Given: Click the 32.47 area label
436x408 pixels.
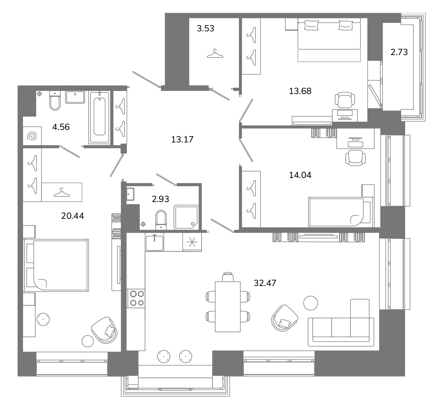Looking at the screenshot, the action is (265, 283).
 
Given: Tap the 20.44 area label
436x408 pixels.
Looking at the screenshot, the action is (72, 216).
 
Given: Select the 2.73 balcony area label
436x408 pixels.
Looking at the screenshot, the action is (399, 52).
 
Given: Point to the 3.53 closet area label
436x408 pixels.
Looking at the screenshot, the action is (205, 29).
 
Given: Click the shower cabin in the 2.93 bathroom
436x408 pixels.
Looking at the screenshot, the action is (186, 217).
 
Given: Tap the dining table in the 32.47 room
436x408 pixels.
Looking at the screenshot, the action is (228, 307).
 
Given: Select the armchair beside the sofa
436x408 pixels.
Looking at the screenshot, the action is (284, 318).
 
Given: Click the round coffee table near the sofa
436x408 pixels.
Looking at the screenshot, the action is (311, 303).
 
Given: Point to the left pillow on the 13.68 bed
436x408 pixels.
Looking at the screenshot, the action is (311, 25).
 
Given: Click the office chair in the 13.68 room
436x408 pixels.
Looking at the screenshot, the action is (345, 100).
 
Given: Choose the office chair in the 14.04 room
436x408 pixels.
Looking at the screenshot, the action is (355, 158).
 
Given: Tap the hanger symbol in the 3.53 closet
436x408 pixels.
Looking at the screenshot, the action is (215, 53).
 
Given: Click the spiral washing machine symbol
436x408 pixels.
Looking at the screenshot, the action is (32, 136).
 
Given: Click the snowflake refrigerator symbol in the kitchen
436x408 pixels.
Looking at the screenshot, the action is (192, 242).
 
